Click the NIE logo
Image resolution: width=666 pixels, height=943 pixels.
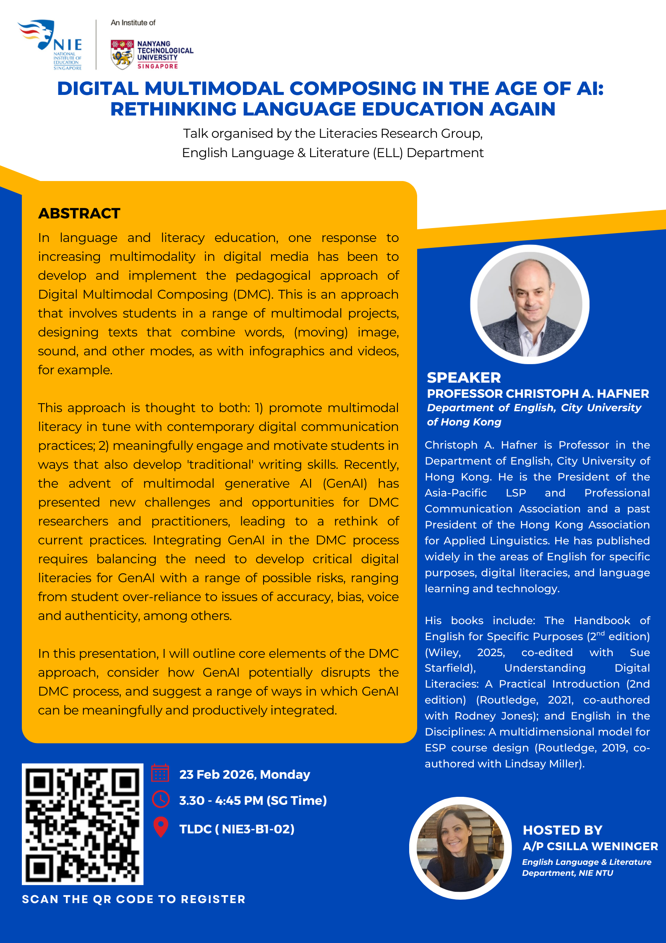51,44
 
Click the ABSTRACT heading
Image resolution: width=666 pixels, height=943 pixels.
79,213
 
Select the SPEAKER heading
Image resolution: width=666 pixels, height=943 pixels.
464,378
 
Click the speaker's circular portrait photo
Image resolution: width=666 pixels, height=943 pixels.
530,304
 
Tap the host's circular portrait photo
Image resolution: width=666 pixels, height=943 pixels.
460,848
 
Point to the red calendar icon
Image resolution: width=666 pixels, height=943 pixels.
160,773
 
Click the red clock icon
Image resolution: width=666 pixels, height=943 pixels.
161,799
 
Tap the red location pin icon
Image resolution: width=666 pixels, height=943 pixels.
161,827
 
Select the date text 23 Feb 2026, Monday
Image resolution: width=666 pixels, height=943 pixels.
245,774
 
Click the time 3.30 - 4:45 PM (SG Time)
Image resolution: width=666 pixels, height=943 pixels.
253,801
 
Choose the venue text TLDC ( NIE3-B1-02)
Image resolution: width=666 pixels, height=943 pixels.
237,829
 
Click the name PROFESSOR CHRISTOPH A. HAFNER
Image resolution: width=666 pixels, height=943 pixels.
538,394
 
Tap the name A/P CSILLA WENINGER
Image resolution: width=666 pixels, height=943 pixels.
590,846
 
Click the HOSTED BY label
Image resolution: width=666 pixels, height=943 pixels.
562,830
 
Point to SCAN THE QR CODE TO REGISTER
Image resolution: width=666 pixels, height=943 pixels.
133,899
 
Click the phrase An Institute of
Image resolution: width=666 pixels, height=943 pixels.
133,23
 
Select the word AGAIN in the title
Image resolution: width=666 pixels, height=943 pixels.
522,109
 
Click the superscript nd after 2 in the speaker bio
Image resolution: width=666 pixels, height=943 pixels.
601,633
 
